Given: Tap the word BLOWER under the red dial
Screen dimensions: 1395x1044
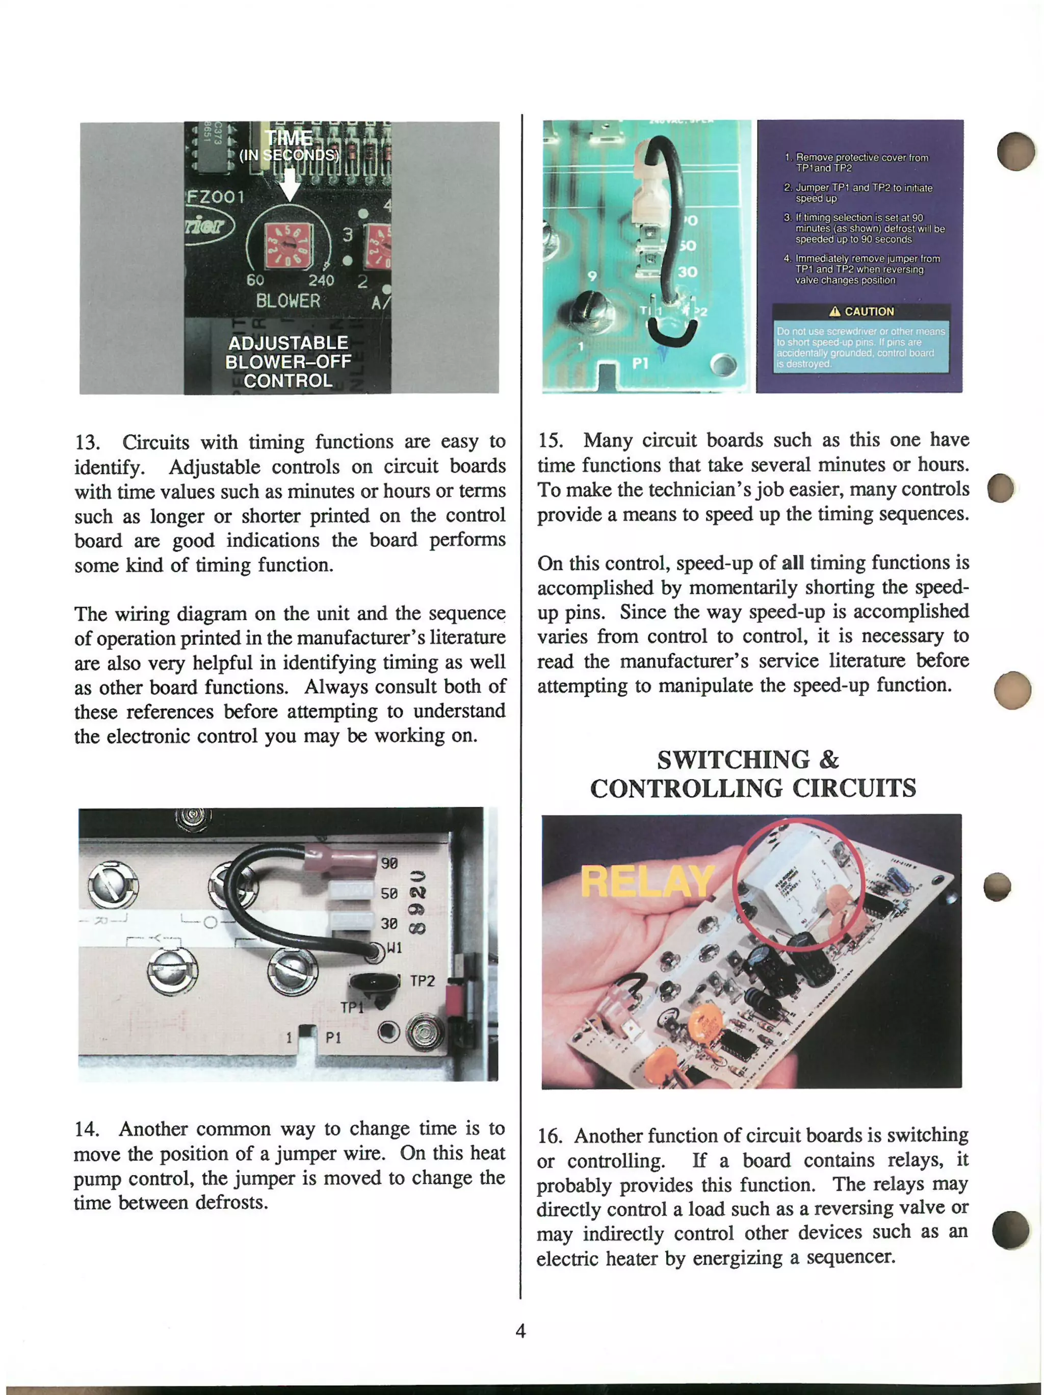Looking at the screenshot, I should tap(288, 301).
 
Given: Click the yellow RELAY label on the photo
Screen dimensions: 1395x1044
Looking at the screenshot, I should tap(646, 881).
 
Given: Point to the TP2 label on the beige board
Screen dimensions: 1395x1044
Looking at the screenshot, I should tap(422, 981).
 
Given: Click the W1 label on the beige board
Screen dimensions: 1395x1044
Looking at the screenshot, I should tap(394, 947).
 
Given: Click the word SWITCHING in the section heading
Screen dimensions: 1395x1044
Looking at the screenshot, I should tap(733, 759).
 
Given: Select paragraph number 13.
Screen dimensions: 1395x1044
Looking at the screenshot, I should tap(88, 442).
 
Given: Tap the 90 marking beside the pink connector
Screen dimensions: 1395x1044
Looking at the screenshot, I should tap(389, 863).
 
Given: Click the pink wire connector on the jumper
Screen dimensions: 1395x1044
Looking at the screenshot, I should tap(341, 859).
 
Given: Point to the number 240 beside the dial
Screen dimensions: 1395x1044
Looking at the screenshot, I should tap(321, 281).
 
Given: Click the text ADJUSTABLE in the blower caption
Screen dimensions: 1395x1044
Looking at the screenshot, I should tap(288, 343).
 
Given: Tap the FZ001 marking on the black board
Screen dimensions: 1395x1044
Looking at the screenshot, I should tap(216, 197).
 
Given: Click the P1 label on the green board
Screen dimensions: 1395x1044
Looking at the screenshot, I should tap(640, 363).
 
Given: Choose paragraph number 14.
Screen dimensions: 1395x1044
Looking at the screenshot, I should tap(86, 1129).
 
